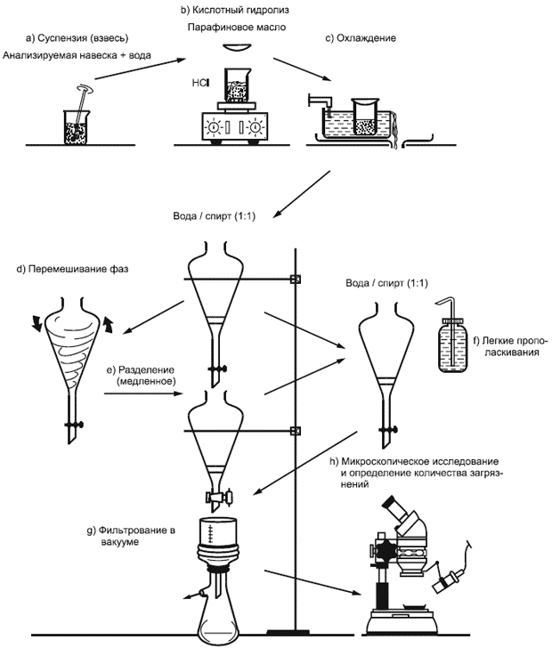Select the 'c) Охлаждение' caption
(361, 38)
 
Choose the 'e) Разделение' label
(141, 374)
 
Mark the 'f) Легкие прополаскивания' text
(511, 348)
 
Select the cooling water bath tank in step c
(352, 129)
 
